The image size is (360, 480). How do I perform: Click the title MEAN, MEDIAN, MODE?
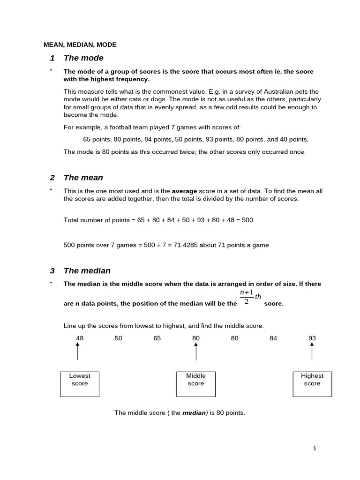coord(80,45)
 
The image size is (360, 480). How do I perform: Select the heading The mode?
coord(83,58)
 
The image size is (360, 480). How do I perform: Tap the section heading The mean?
coord(83,178)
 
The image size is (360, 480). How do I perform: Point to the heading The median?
coord(87,270)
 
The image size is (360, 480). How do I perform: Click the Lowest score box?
coord(79,384)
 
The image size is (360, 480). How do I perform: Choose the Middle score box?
coord(195,384)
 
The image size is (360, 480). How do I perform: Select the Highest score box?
coord(312,384)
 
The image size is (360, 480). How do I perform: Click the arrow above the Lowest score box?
coord(78,351)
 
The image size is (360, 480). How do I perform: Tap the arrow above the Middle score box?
coord(196,351)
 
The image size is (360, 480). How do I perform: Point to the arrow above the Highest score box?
coord(312,351)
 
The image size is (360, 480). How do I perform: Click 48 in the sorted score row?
coord(80,338)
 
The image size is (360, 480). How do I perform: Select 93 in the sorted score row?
coord(312,338)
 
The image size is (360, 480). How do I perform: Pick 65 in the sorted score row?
coord(157,338)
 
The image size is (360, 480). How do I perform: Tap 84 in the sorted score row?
coord(273,338)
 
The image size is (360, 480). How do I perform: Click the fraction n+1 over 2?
coord(247,297)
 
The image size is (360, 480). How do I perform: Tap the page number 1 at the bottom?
coord(315,448)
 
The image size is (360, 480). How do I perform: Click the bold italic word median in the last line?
coord(194,413)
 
